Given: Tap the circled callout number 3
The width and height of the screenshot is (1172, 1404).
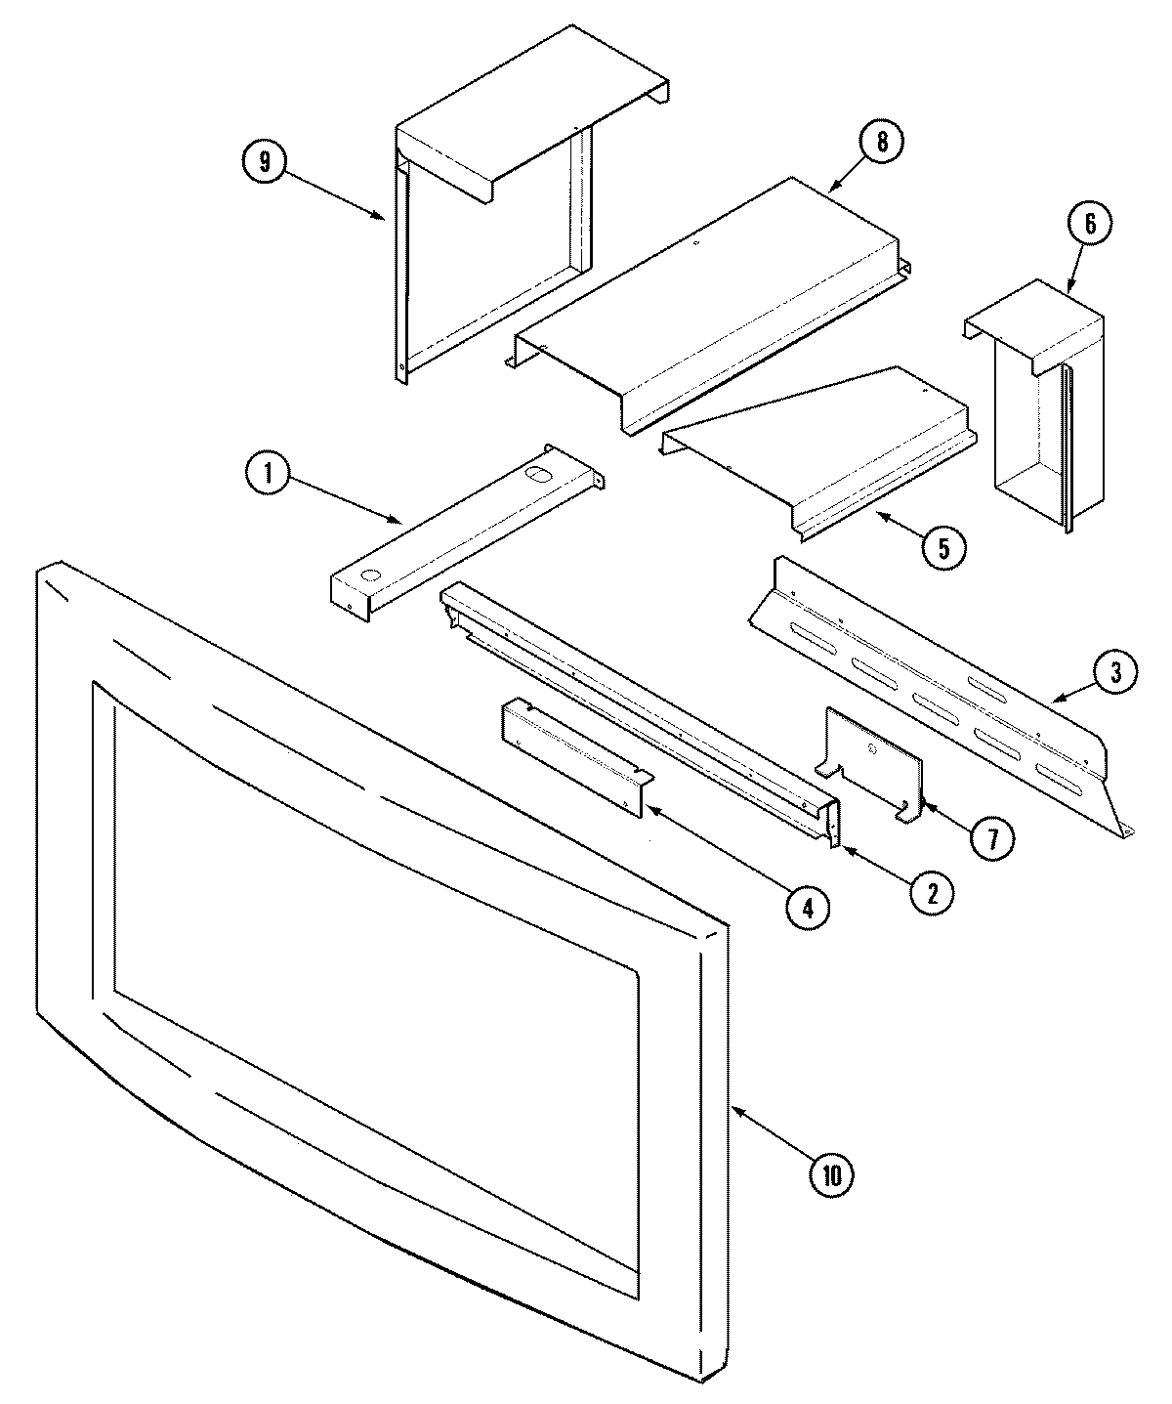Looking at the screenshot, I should pyautogui.click(x=1114, y=671).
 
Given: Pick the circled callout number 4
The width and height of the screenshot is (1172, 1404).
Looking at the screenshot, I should pyautogui.click(x=808, y=908).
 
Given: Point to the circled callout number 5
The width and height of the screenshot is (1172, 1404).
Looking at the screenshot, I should pyautogui.click(x=943, y=547).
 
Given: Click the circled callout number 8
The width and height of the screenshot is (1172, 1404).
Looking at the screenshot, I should pyautogui.click(x=881, y=143).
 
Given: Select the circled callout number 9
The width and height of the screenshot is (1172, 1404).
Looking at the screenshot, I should pyautogui.click(x=262, y=161).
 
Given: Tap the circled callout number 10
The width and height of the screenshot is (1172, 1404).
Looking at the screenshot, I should pyautogui.click(x=831, y=1174).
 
